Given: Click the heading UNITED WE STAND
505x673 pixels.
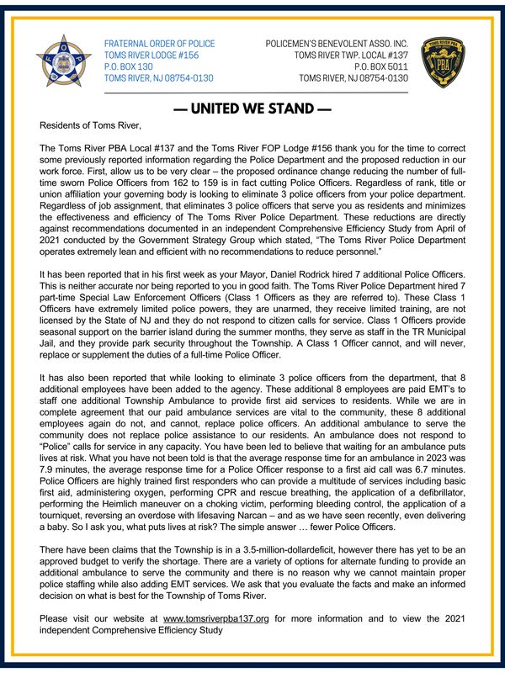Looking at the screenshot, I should coord(252,109).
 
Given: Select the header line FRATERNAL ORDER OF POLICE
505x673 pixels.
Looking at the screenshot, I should coord(158,44).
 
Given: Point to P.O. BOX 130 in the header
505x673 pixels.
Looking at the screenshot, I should coord(128,66).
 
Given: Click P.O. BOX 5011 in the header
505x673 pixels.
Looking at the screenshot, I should coord(381,66).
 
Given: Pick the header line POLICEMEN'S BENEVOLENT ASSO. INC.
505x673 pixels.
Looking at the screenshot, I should coord(336,44).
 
